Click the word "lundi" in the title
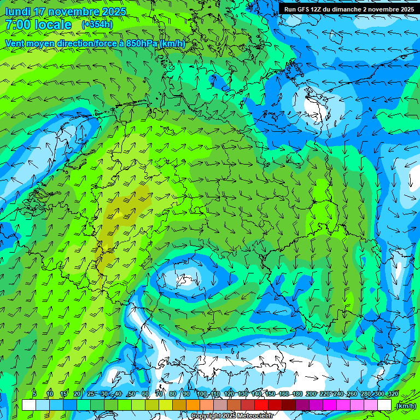coord(17,11)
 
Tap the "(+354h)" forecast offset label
coord(97,25)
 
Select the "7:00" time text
coord(16,25)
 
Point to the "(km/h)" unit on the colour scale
coord(405,406)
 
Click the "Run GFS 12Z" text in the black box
coord(304,9)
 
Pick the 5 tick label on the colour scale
coord(34,394)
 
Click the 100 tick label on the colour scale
coord(202,394)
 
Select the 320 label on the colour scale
coord(393,394)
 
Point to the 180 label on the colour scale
coord(297,394)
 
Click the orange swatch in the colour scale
coord(193,405)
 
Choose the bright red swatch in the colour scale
coord(261,405)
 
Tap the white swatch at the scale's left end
coord(28,405)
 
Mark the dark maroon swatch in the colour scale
coord(289,405)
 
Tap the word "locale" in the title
coord(54,25)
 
